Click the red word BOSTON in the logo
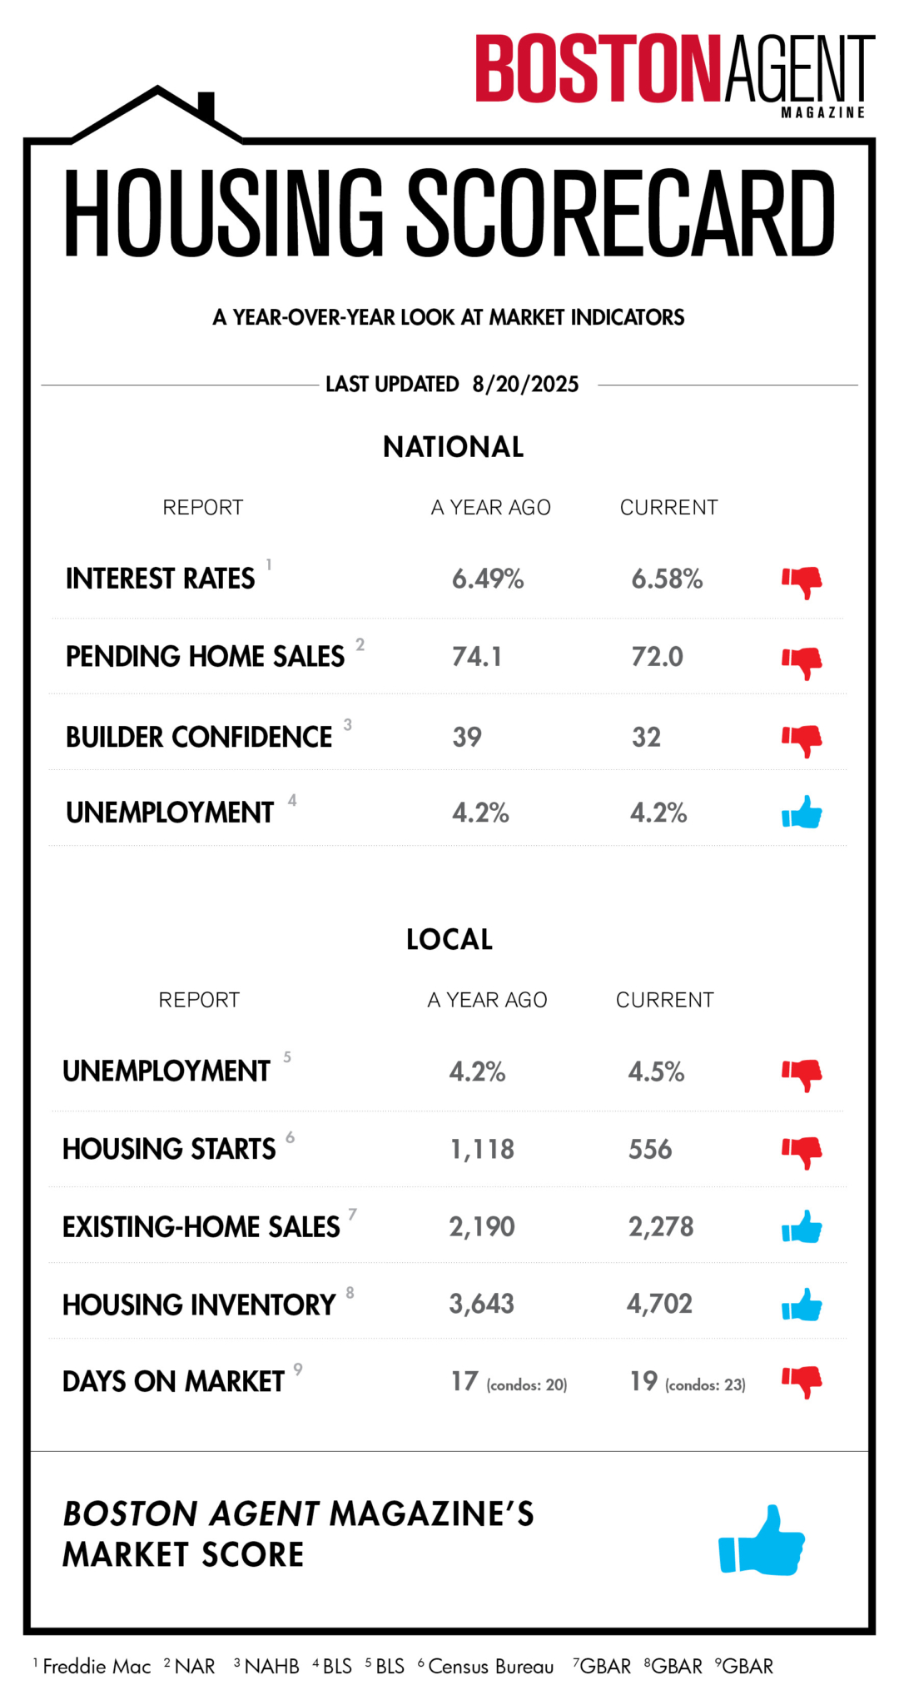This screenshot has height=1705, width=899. click(x=597, y=68)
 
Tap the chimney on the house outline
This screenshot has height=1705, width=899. click(x=206, y=106)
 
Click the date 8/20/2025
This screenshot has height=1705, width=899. click(x=525, y=384)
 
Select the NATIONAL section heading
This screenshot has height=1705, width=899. click(x=453, y=447)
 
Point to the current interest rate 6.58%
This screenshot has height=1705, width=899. click(x=667, y=579)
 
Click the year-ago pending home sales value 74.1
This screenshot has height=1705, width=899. click(x=477, y=657)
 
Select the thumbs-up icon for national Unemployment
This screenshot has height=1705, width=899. click(x=802, y=813)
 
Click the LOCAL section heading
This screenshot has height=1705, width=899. click(x=449, y=940)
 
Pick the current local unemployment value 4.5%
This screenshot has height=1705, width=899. click(x=656, y=1071)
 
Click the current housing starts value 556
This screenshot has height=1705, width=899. click(x=650, y=1150)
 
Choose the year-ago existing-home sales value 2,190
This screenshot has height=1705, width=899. click(x=482, y=1227)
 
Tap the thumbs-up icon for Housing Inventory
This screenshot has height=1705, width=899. click(x=802, y=1305)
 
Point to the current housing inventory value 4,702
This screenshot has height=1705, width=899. click(x=659, y=1304)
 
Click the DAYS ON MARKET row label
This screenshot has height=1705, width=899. click(x=173, y=1382)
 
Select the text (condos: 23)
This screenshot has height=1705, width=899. click(x=705, y=1385)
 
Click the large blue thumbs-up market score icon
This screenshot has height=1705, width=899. click(x=762, y=1541)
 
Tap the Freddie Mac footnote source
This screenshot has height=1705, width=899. click(x=97, y=1667)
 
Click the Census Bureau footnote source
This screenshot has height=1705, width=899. click(x=490, y=1667)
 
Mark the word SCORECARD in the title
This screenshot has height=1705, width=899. click(x=620, y=214)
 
